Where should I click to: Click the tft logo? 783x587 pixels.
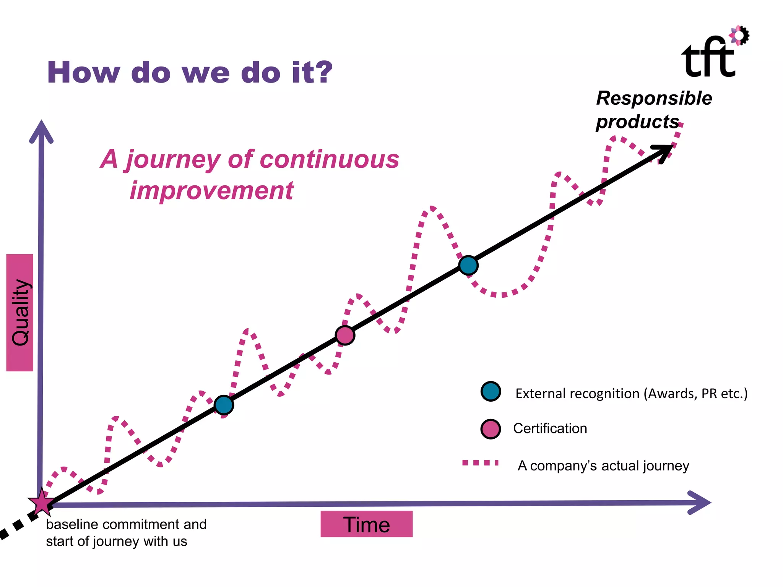click(x=709, y=57)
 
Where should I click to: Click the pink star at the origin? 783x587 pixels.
click(x=41, y=503)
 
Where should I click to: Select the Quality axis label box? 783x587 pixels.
click(x=20, y=312)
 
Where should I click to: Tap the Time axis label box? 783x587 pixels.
click(x=366, y=524)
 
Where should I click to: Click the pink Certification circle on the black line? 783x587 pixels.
click(x=345, y=336)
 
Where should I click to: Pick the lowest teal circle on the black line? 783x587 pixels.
click(x=224, y=405)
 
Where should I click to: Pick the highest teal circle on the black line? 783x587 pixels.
click(x=468, y=265)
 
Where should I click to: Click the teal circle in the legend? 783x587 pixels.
click(x=491, y=391)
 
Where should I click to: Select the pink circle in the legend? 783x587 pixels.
click(x=491, y=429)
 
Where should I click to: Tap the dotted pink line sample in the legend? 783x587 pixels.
click(x=480, y=463)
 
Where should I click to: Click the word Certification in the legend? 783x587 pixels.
click(x=550, y=428)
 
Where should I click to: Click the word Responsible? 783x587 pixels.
click(x=654, y=98)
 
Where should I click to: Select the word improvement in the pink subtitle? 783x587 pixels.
click(x=211, y=190)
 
